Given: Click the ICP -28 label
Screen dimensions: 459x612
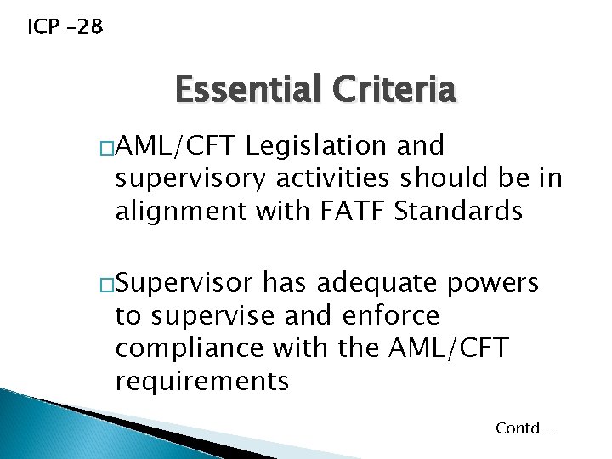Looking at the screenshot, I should [65, 27].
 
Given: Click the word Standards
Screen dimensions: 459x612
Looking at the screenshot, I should [458, 211].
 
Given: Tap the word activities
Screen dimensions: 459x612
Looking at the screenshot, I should [331, 178].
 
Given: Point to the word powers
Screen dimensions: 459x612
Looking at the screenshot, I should [499, 282].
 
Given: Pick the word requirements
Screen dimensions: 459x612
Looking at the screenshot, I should [202, 382].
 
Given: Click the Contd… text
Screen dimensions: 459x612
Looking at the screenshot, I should [524, 428].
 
